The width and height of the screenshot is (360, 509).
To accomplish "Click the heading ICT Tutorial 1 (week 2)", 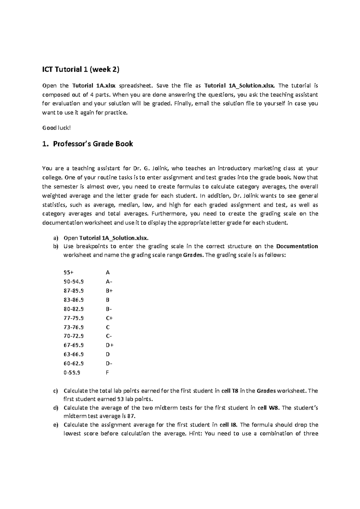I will point(81,70).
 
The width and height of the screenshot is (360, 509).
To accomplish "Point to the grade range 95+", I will point(68,272).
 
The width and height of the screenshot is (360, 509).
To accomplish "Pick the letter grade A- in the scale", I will point(109,282).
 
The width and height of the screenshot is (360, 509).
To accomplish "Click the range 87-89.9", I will point(73,291).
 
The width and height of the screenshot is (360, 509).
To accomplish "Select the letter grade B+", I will point(109,291).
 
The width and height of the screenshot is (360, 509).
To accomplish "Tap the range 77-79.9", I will point(73,318).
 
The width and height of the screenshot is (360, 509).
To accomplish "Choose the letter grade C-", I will point(109,336).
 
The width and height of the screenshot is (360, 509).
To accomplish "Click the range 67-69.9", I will point(73,345).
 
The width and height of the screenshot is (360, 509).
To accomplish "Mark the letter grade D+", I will point(109,345).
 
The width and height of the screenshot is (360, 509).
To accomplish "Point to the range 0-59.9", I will point(72,373).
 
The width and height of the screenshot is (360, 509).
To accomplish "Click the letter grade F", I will point(107,373).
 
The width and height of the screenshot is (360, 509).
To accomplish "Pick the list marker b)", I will point(55,246).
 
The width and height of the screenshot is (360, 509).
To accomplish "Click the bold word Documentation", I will point(297,246).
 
